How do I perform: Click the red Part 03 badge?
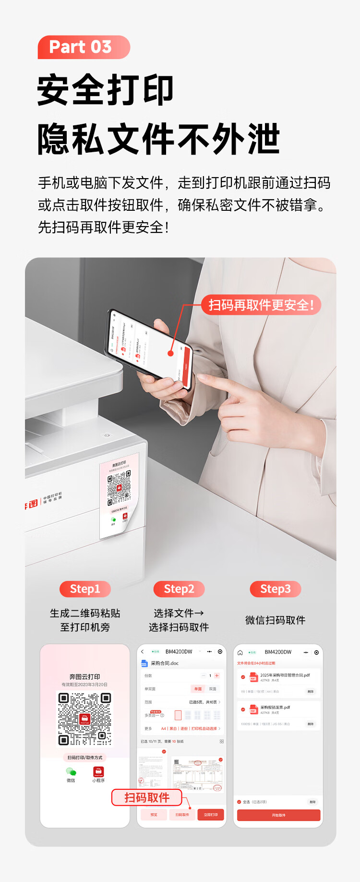[84, 47]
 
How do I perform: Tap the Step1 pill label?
[85, 589]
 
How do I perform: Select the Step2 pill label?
[179, 589]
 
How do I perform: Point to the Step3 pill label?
[276, 589]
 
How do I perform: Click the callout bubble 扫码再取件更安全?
[261, 305]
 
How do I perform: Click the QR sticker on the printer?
[119, 495]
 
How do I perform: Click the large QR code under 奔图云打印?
[85, 719]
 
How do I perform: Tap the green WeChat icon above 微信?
[71, 772]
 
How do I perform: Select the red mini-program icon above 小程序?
[98, 772]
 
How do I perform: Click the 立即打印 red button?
[211, 815]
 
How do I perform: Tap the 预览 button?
[154, 815]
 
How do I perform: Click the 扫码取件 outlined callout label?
[147, 797]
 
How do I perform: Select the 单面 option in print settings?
[198, 689]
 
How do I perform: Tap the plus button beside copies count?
[217, 676]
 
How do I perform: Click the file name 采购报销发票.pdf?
[275, 707]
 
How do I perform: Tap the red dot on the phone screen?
[170, 353]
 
